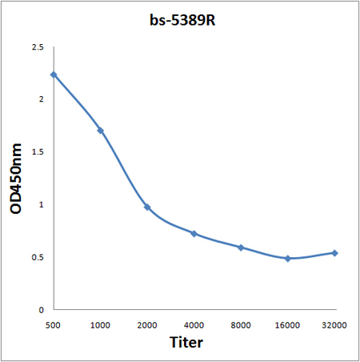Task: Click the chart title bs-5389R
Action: point(182,20)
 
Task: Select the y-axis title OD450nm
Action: point(16,179)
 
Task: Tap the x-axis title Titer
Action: point(186,342)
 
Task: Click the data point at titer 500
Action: point(54,74)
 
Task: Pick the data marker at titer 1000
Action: point(101,131)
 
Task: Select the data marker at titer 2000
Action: point(147,207)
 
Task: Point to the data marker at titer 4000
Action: point(194,234)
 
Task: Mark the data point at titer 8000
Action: point(241,247)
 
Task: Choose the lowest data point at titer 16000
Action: point(288,259)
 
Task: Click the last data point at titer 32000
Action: point(334,253)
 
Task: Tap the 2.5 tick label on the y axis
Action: point(38,47)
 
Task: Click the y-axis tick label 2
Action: point(41,99)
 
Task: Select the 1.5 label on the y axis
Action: point(38,151)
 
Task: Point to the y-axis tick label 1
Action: point(41,204)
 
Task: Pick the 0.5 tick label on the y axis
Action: point(38,257)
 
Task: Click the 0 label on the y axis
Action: point(41,310)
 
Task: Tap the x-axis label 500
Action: point(53,325)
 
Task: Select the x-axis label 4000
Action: point(194,325)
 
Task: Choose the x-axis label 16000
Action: point(287,325)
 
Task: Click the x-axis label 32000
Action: point(334,325)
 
